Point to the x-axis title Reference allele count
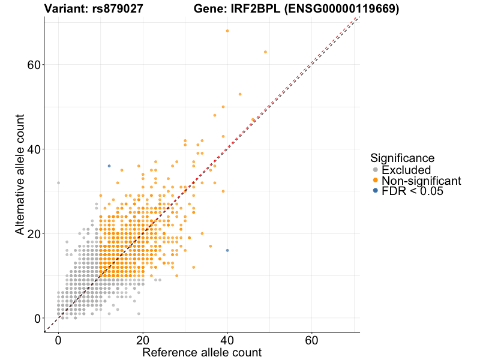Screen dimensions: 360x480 click(202, 353)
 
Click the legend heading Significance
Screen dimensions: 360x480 click(402, 158)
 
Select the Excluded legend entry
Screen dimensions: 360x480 click(406, 170)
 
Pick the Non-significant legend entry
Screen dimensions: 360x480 click(421, 181)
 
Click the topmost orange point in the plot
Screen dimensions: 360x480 click(227, 31)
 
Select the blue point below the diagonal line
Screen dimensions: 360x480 click(227, 250)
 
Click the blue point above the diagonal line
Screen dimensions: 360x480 click(109, 166)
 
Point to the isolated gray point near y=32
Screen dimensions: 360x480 click(58, 182)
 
